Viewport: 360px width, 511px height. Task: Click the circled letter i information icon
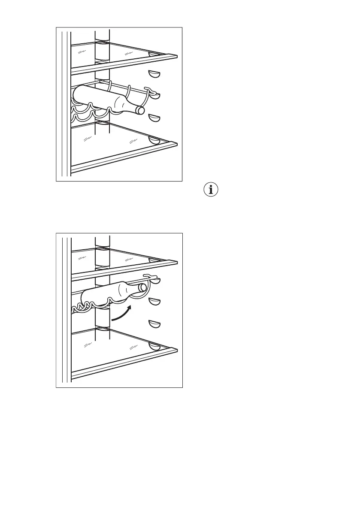[210, 190]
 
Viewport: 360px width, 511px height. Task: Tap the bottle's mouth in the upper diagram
[140, 111]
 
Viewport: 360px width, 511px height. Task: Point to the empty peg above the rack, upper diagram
[154, 75]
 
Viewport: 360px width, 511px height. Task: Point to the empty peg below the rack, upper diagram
[154, 118]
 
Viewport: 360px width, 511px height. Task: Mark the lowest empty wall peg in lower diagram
[154, 324]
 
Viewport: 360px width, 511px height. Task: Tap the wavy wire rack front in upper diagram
[90, 113]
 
